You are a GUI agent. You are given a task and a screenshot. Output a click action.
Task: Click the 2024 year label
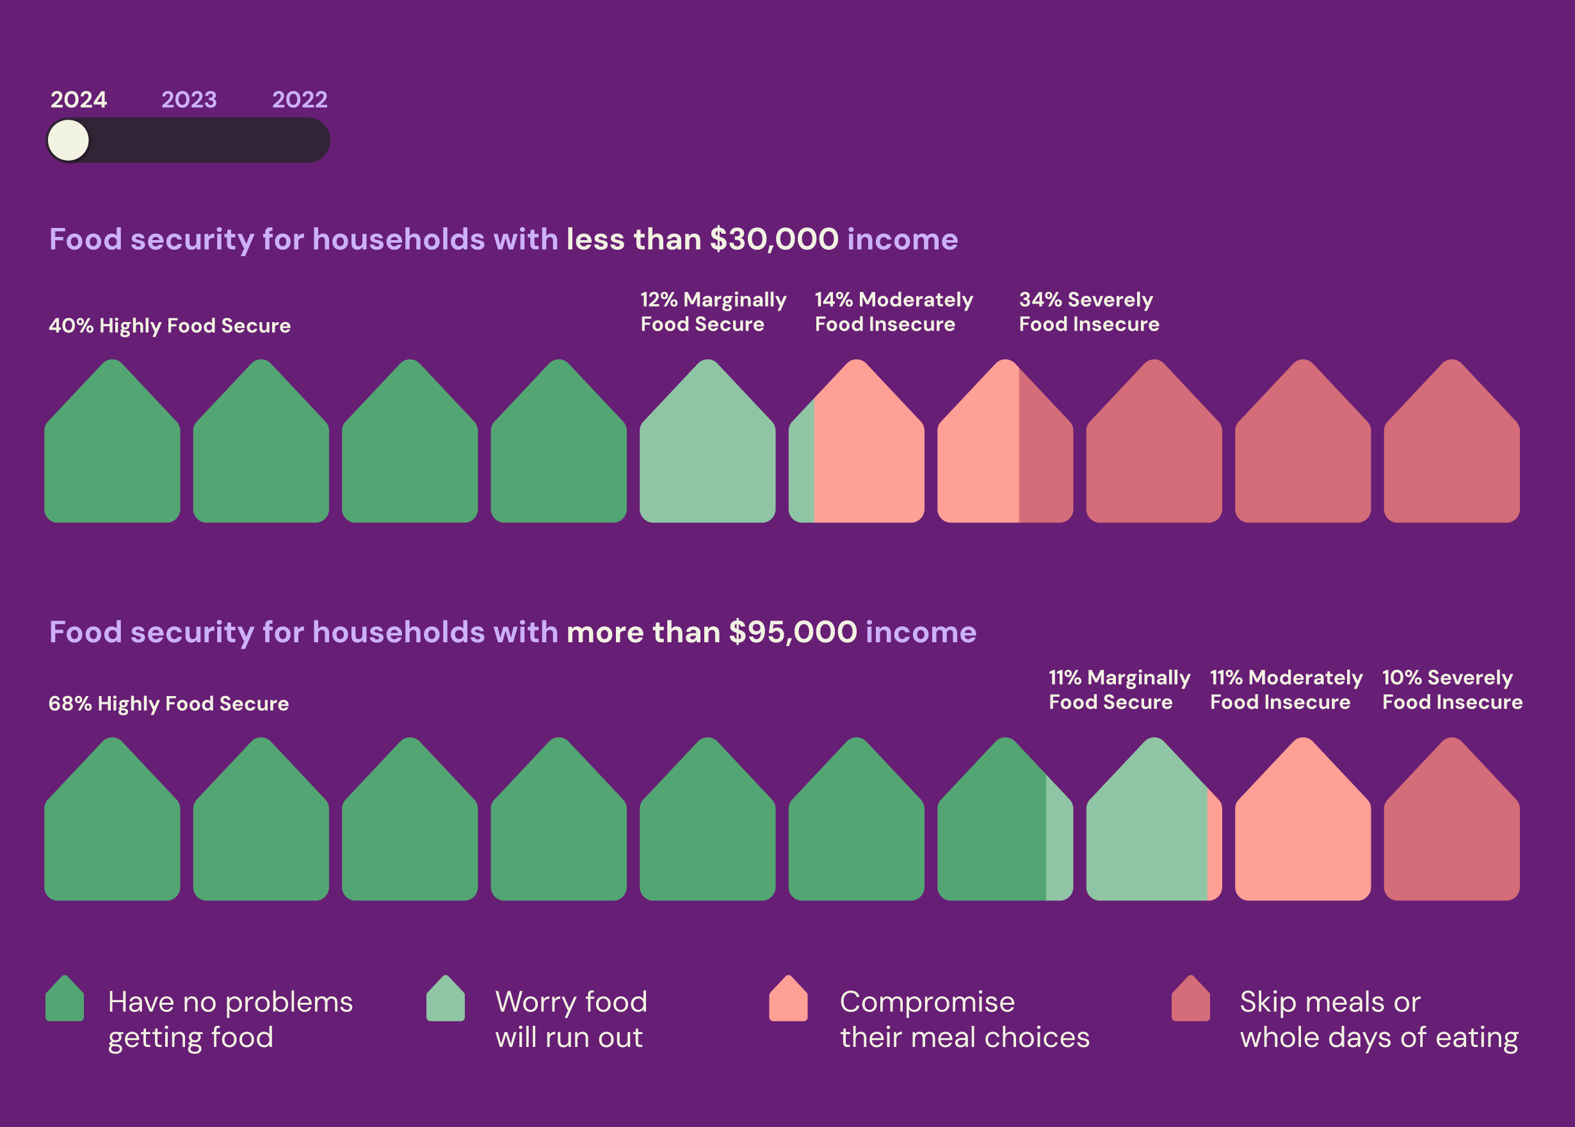pos(78,100)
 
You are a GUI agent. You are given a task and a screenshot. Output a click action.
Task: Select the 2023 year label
pos(189,100)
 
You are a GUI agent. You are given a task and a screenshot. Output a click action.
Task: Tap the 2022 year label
pos(299,100)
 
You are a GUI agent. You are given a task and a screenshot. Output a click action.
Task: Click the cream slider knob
pos(68,140)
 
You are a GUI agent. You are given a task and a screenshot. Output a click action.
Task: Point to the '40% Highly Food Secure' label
pos(169,325)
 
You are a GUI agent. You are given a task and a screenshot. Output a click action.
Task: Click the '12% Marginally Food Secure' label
pos(713,312)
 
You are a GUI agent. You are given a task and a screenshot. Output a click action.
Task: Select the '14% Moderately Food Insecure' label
pos(893,312)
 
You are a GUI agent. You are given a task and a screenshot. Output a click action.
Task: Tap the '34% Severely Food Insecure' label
pos(1088,312)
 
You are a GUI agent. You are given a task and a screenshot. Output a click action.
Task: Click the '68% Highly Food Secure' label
pos(168,704)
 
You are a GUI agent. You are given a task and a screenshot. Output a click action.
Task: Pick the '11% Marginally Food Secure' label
pos(1119,690)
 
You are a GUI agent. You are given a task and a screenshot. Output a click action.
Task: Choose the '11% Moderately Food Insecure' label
pos(1286,690)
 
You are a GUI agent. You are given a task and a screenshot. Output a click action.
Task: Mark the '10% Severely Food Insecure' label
pos(1451,690)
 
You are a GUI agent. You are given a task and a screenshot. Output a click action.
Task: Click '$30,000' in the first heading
pos(773,239)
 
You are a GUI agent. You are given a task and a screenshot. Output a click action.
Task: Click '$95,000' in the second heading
pos(793,632)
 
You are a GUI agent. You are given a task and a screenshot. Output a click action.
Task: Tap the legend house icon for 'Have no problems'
pos(65,1000)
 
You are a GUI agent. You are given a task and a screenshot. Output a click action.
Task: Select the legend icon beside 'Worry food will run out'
pos(446,1000)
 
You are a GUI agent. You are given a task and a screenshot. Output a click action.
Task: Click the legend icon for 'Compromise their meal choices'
pos(788,1000)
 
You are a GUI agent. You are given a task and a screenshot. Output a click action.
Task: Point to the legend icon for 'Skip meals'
pos(1191,1000)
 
